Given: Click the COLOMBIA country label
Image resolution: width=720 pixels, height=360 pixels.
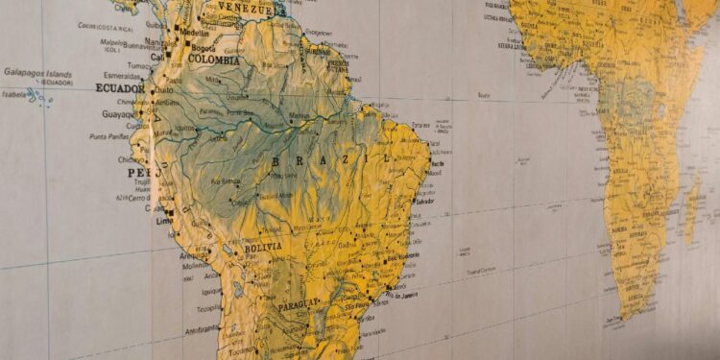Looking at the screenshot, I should (215, 59).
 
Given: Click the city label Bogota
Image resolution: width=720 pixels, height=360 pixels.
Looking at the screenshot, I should (203, 46).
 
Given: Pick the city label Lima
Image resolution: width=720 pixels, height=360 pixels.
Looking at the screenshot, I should (165, 220).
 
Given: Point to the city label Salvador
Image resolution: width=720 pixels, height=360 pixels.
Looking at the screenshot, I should (425, 201).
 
